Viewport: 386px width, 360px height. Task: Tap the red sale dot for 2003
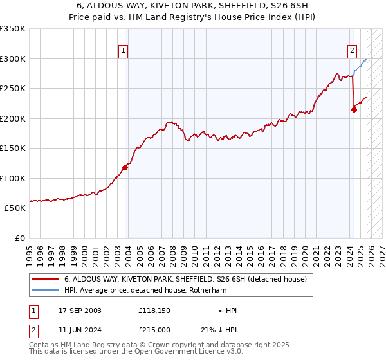click(x=125, y=167)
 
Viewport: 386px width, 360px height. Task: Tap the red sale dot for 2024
click(x=354, y=109)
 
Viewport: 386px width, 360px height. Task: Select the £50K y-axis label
click(x=15, y=208)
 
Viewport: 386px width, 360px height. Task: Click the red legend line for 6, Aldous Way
click(x=47, y=280)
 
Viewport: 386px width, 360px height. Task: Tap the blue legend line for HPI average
click(x=47, y=290)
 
